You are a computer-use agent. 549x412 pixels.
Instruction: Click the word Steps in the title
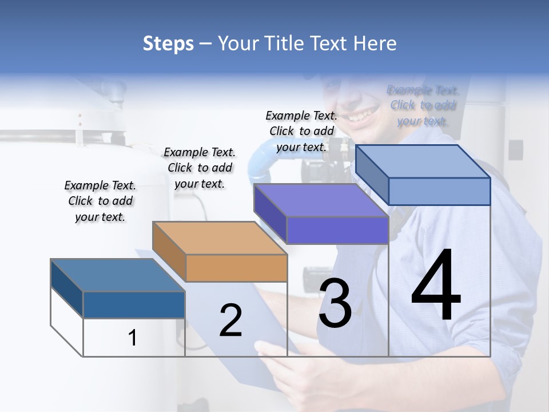point(168,43)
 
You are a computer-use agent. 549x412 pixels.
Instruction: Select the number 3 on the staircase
point(335,303)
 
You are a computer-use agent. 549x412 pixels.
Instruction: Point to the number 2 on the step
point(230,320)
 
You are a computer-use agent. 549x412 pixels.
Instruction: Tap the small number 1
point(133,338)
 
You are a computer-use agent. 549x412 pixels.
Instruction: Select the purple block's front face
point(337,231)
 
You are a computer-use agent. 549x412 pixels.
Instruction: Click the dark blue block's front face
point(134,304)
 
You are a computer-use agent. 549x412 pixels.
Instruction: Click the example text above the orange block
point(200,168)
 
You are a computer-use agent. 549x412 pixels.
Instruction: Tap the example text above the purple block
point(301,131)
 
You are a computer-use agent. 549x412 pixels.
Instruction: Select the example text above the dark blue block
point(100,201)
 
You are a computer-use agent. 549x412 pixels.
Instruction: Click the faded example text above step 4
point(423,105)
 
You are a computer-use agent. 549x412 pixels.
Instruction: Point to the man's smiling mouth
point(359,116)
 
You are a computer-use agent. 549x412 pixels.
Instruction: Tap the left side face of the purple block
point(270,213)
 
